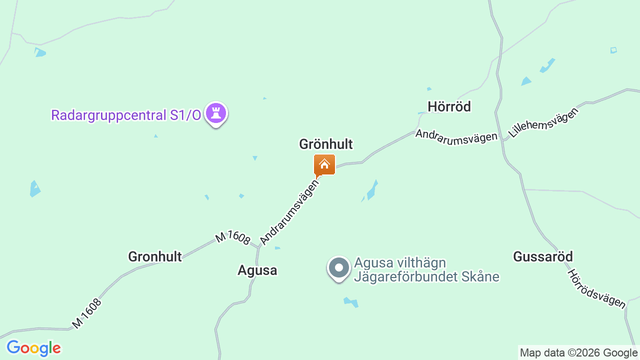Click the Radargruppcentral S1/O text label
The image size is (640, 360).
pyautogui.click(x=126, y=115)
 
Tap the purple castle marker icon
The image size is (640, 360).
pyautogui.click(x=216, y=113)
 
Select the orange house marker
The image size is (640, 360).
pyautogui.click(x=324, y=164)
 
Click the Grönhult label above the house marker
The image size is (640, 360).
pyautogui.click(x=325, y=144)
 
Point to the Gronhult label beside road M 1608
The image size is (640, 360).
pyautogui.click(x=154, y=256)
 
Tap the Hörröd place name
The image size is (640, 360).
pyautogui.click(x=449, y=106)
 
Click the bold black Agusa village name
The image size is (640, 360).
pyautogui.click(x=257, y=270)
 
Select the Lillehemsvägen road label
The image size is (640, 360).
pyautogui.click(x=543, y=122)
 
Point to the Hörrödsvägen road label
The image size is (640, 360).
pyautogui.click(x=596, y=288)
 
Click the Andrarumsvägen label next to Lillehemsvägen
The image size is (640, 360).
pyautogui.click(x=456, y=136)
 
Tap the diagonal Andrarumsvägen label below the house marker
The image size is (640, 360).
pyautogui.click(x=289, y=212)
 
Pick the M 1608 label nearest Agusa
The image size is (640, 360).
pyautogui.click(x=232, y=238)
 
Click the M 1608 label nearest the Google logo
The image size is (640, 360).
pyautogui.click(x=86, y=313)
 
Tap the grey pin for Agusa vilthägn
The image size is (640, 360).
pyautogui.click(x=339, y=267)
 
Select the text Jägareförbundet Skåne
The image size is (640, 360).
pyautogui.click(x=426, y=276)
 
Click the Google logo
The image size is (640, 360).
pyautogui.click(x=33, y=348)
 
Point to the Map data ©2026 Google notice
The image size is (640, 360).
pyautogui.click(x=578, y=353)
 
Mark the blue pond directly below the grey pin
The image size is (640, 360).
pyautogui.click(x=351, y=302)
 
